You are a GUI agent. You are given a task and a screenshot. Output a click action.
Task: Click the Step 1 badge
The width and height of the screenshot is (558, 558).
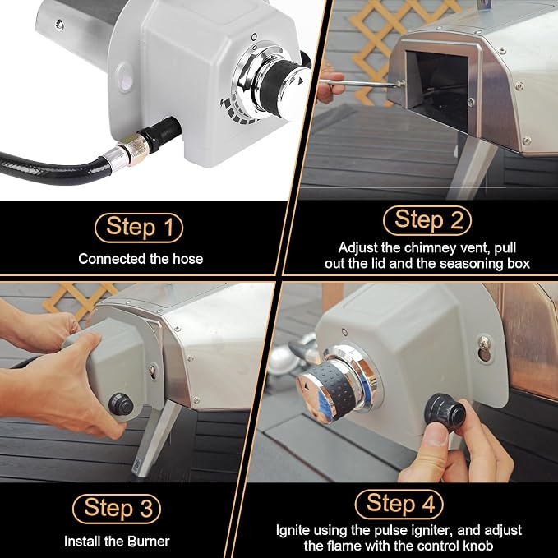[x=139, y=228]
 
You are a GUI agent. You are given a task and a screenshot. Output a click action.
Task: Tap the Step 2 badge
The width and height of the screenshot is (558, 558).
[x=427, y=220]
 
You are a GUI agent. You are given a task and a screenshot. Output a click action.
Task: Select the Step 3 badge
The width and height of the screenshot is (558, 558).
[x=117, y=509]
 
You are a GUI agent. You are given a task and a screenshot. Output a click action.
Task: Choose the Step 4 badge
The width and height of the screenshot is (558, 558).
[x=399, y=505]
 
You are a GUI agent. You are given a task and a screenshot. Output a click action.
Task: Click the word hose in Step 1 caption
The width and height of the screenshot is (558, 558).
[x=188, y=259]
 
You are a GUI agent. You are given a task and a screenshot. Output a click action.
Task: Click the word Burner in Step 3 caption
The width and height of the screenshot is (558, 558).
[x=149, y=542]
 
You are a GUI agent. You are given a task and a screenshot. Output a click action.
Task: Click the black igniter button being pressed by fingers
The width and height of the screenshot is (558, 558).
[x=445, y=412]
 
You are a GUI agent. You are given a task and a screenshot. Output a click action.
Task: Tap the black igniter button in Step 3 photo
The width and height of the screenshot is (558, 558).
[x=121, y=404]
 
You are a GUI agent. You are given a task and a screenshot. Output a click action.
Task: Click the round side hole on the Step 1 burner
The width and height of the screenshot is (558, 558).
[x=125, y=77]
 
